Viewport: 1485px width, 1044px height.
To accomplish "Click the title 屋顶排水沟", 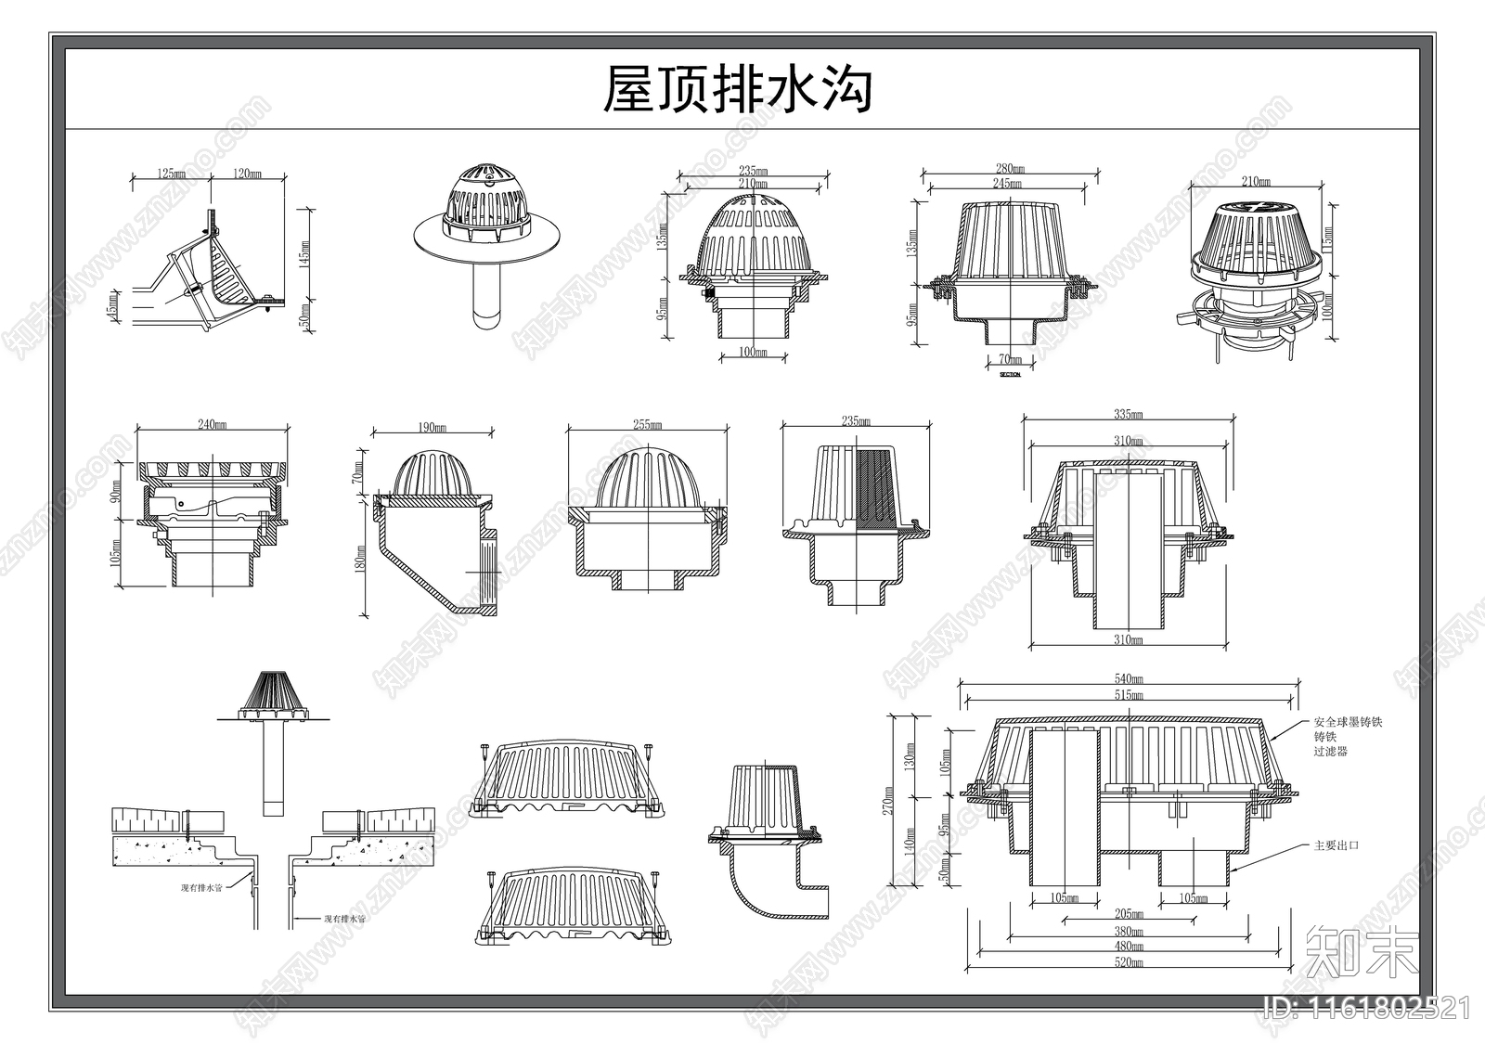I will tap(738, 90).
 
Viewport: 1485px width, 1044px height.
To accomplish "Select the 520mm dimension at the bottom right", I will tap(1129, 963).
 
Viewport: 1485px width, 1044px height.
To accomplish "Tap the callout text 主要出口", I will tap(1336, 845).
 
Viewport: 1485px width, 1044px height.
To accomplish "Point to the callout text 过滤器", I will tap(1330, 751).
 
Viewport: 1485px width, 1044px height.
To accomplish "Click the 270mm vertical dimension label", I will tap(888, 800).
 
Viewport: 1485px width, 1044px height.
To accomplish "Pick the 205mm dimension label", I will tap(1129, 913).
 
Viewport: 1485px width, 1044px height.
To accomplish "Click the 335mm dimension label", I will tap(1129, 415).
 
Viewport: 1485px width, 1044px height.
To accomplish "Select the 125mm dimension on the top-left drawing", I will tap(169, 174).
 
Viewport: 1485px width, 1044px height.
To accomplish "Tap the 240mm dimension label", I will tap(213, 424).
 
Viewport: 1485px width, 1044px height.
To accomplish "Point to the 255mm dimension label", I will tap(647, 424).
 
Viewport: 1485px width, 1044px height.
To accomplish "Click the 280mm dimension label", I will tap(1009, 168).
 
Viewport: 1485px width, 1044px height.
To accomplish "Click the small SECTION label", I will tap(1010, 375).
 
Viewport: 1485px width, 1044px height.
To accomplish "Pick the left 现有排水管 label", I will tap(202, 887).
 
